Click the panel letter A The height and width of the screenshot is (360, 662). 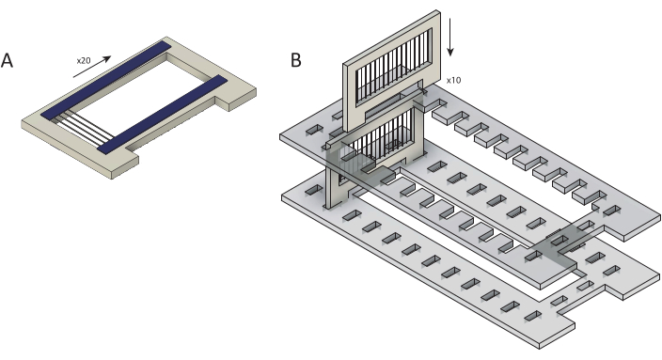tap(7, 60)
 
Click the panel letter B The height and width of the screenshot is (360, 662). tap(296, 60)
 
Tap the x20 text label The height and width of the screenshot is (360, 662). tap(84, 61)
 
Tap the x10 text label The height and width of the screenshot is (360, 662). tap(453, 80)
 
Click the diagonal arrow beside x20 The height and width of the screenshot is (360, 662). tap(92, 67)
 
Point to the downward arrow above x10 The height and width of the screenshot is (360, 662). tap(450, 38)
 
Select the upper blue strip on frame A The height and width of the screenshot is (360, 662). tap(105, 80)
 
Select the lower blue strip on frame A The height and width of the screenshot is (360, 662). tap(163, 113)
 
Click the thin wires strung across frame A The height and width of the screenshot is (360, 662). tap(83, 128)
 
